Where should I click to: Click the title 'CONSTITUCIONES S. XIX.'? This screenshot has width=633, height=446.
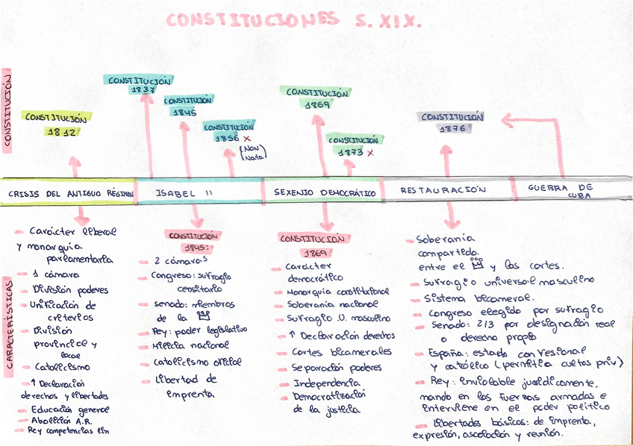[x=293, y=20]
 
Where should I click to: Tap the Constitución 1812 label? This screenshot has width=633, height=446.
[x=57, y=124]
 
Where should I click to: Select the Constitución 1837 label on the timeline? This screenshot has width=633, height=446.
[x=140, y=84]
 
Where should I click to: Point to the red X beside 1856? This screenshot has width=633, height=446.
[x=246, y=139]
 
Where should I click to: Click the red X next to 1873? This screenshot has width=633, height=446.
[x=369, y=152]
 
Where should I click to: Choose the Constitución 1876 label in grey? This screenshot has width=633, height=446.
[x=452, y=122]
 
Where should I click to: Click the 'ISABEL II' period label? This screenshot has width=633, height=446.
[x=184, y=192]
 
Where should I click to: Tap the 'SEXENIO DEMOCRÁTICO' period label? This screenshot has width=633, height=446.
[x=324, y=192]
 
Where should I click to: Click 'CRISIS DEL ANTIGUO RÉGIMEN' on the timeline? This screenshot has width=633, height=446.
[x=69, y=192]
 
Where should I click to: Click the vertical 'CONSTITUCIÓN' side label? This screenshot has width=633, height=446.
[x=7, y=112]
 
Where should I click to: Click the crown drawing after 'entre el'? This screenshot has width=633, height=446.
[x=478, y=265]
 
